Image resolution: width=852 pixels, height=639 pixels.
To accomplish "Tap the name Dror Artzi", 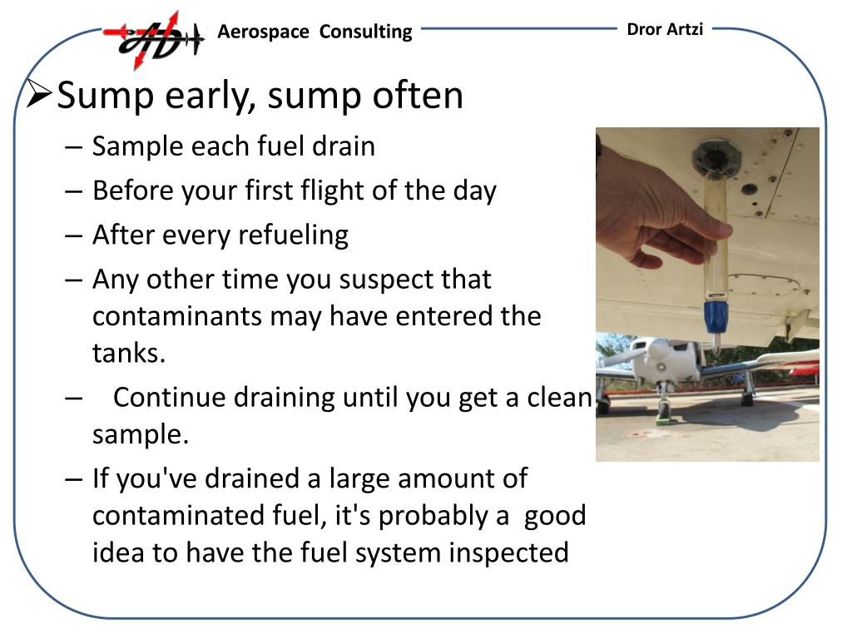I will tap(664, 29).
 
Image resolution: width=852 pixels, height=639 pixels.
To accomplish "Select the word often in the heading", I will tap(419, 96).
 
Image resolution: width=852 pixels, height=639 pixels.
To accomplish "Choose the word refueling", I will tap(293, 235).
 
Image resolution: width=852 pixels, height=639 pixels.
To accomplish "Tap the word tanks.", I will tap(129, 353).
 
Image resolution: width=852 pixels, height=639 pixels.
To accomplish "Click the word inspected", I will tap(509, 552).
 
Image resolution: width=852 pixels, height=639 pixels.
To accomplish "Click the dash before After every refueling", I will tap(73, 235).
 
